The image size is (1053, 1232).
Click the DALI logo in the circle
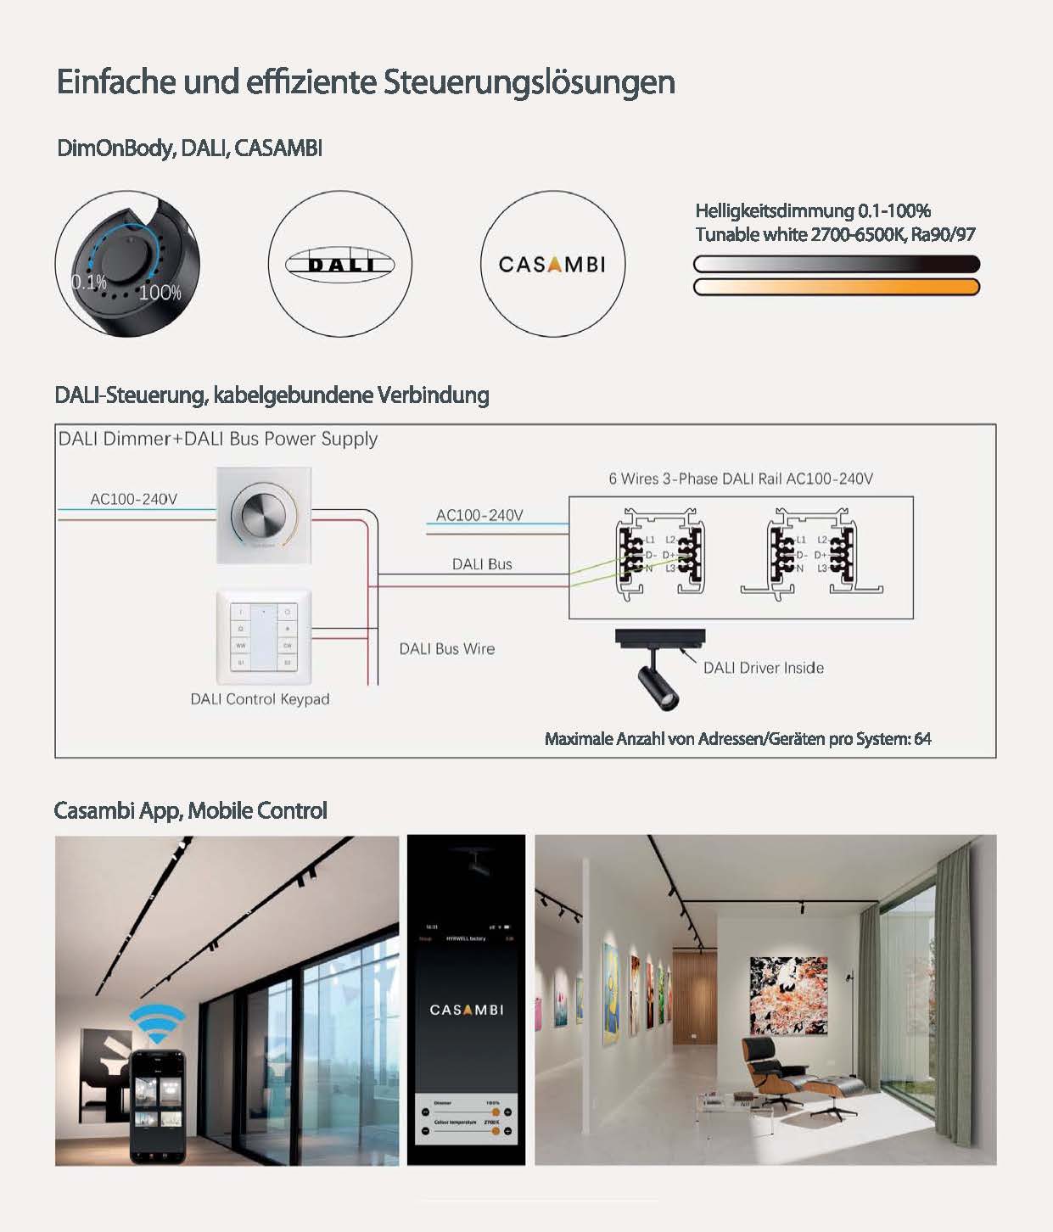[339, 264]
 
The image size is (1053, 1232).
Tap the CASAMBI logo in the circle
[552, 264]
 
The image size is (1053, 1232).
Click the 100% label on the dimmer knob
[160, 293]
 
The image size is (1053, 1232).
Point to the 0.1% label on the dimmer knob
[88, 282]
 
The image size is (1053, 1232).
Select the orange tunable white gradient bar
[836, 287]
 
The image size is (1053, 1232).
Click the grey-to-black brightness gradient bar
[836, 264]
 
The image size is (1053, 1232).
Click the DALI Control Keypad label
[260, 699]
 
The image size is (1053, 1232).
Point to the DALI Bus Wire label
[446, 649]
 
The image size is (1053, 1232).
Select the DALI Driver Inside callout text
[763, 668]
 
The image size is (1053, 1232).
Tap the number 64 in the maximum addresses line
[922, 739]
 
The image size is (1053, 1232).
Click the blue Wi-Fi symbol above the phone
[156, 1024]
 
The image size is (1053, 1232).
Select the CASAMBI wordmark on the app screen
[466, 1010]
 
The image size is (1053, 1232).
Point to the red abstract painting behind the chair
[788, 996]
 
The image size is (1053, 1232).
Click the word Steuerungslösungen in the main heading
[529, 82]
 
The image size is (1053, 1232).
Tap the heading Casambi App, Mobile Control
[190, 810]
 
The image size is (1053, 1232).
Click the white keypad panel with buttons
[264, 636]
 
